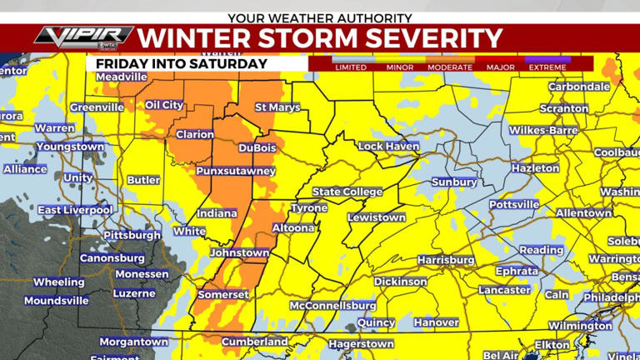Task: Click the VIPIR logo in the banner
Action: tap(83, 37)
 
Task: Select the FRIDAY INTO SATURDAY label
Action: tap(181, 63)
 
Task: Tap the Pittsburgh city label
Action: tap(132, 236)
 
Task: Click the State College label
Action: tap(347, 192)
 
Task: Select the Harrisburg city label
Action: tap(446, 260)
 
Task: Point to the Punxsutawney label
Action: tap(235, 171)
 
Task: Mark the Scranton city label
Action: tap(564, 108)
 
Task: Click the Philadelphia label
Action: tap(611, 297)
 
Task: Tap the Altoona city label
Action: tap(293, 227)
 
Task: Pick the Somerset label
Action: tap(222, 295)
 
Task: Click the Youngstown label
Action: tap(69, 147)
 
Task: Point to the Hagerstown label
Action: tap(361, 343)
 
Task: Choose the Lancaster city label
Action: tap(504, 290)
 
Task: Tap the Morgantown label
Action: tap(133, 342)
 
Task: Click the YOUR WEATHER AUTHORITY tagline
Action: tap(320, 17)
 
